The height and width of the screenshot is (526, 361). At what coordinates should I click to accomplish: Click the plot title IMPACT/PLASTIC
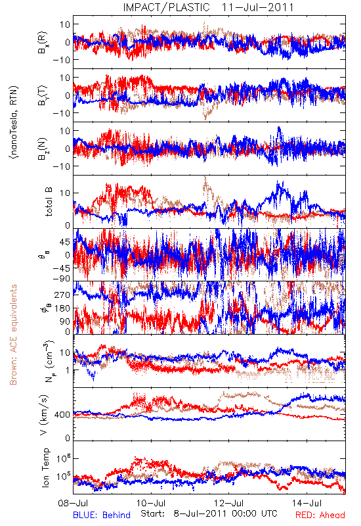(167, 7)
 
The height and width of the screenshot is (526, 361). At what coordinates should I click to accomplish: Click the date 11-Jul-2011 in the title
(257, 7)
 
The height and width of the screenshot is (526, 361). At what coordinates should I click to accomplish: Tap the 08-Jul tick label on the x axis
(73, 503)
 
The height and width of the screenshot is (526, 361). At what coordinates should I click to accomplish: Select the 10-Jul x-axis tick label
(151, 503)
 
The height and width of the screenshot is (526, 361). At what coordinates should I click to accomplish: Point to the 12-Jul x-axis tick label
(229, 503)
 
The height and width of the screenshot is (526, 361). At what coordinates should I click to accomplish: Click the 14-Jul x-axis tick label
(307, 503)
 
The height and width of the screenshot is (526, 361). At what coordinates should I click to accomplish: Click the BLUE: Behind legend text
(102, 515)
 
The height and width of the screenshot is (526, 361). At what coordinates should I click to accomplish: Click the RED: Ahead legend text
(320, 515)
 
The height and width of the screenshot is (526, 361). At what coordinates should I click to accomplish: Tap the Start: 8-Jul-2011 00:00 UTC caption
(209, 514)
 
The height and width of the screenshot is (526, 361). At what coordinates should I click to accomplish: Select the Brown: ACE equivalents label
(13, 335)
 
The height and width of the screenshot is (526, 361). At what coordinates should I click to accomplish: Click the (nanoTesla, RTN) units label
(14, 122)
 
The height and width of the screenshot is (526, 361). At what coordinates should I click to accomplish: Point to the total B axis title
(49, 202)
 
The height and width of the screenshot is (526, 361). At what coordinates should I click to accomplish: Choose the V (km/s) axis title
(44, 415)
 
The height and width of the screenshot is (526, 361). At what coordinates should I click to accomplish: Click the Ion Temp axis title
(45, 467)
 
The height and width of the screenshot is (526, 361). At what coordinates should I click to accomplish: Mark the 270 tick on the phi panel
(62, 295)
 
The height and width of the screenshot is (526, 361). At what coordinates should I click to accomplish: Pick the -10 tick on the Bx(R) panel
(62, 60)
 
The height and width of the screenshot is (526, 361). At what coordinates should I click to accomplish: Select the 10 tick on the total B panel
(65, 193)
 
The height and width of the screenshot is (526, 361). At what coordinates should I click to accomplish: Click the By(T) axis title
(43, 95)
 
